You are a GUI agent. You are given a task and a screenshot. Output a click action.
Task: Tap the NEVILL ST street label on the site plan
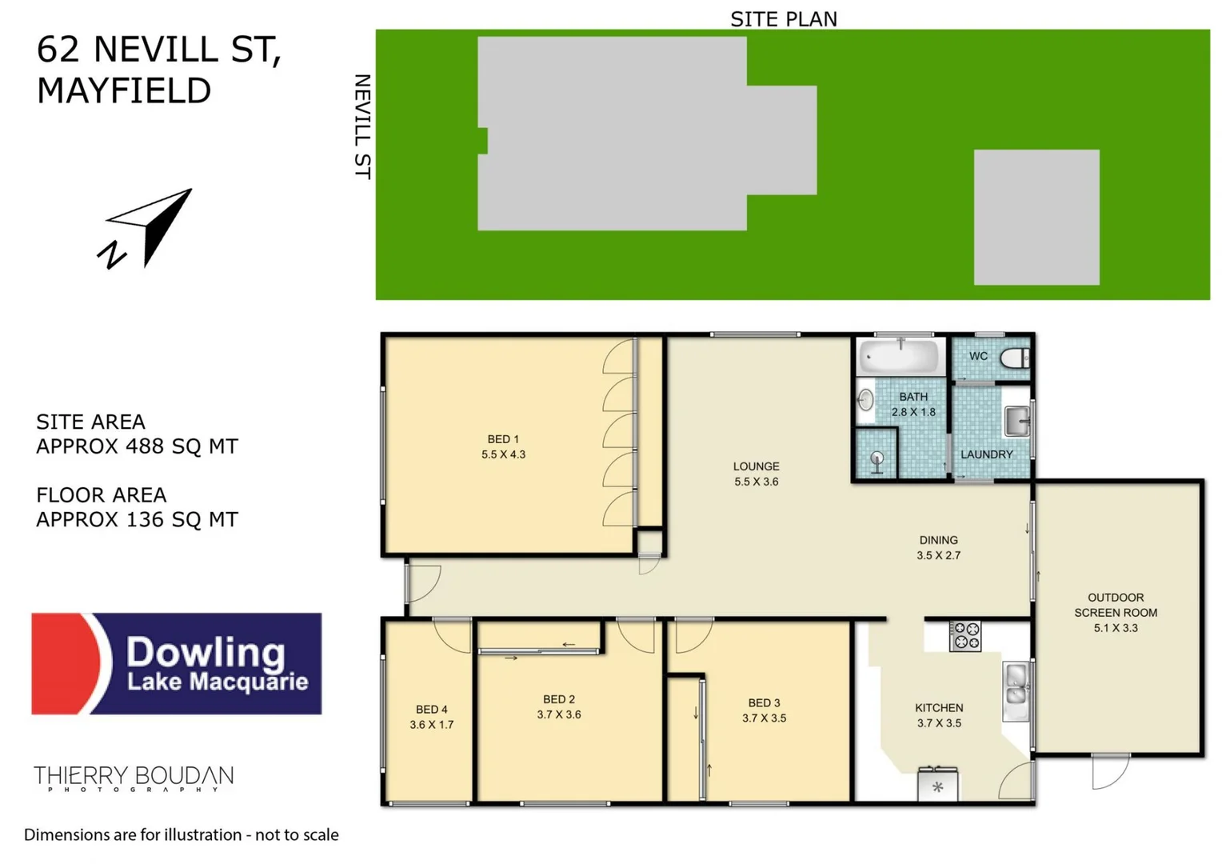coord(362,126)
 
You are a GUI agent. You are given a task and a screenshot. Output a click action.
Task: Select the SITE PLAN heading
coord(783,18)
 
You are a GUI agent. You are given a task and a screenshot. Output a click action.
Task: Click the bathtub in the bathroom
coord(900,356)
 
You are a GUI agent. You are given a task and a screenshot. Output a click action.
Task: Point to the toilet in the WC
coord(1014,358)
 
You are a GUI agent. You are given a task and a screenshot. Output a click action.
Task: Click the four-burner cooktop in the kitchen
coord(965,637)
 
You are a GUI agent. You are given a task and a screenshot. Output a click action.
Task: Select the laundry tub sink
coord(1016,421)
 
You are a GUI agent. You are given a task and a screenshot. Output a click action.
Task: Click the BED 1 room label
coord(503,446)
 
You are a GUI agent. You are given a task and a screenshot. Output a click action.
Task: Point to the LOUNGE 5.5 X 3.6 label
coord(756,474)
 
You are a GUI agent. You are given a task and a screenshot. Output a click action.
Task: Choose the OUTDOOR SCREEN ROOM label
coord(1115,612)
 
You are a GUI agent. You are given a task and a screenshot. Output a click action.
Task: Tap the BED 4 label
coord(431,717)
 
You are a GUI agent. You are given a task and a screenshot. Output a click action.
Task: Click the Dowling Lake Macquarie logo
coord(177,664)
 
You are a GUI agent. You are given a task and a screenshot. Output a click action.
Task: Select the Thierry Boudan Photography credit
coord(134,778)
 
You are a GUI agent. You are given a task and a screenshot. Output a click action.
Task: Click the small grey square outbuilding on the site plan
coord(1036,217)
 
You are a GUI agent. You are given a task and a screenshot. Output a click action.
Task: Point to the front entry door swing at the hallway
coord(421,582)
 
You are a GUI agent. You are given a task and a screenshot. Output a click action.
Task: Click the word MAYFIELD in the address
coord(124,90)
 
